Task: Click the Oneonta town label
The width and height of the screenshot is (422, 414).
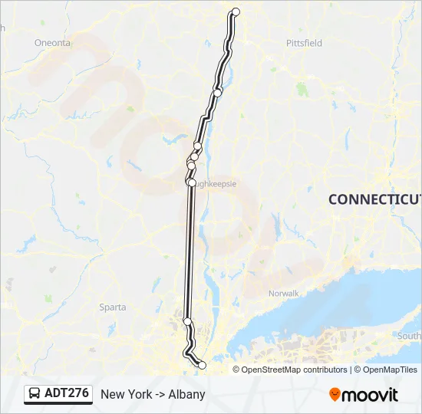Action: tap(52, 43)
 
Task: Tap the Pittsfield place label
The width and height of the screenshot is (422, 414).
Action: tap(304, 43)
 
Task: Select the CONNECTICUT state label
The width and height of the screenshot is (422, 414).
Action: tap(375, 199)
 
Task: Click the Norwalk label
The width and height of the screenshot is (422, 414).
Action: tap(283, 293)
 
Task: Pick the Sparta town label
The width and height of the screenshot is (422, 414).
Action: tap(113, 307)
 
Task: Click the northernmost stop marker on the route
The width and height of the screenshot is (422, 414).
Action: tap(236, 11)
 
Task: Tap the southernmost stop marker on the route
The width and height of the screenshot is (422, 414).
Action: tap(202, 366)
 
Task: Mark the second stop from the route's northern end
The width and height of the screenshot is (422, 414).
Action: tap(218, 93)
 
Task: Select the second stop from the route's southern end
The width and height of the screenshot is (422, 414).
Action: tap(187, 321)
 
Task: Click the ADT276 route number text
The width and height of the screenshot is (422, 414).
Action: tap(67, 393)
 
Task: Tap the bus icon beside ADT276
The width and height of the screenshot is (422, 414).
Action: tap(35, 394)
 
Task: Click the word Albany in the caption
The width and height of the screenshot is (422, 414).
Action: tap(187, 394)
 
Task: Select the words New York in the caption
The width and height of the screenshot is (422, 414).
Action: tap(126, 394)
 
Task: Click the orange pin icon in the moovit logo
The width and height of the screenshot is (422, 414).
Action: tap(335, 395)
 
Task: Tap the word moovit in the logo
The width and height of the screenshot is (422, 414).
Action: tap(371, 395)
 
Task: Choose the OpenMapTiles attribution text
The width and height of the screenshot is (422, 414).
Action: tap(390, 370)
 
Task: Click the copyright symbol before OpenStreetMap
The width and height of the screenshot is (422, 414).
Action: tap(237, 370)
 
